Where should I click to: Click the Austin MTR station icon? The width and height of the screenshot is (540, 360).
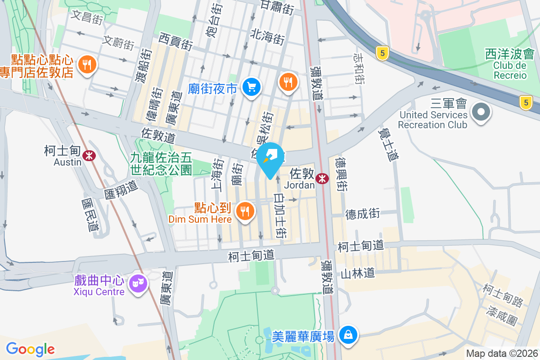click(x=90, y=156)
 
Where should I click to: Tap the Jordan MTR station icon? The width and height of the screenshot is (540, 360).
click(x=322, y=179)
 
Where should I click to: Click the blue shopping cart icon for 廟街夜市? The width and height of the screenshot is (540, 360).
click(x=251, y=86)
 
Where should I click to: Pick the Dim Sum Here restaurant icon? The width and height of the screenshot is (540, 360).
click(x=245, y=210)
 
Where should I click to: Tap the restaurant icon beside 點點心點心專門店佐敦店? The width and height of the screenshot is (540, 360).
click(x=87, y=64)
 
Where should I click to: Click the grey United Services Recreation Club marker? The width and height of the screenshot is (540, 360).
click(x=480, y=111)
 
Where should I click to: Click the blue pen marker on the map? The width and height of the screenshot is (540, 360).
click(x=271, y=159)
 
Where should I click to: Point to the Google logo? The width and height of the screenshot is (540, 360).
click(x=30, y=349)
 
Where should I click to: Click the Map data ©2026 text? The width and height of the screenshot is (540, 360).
click(x=501, y=354)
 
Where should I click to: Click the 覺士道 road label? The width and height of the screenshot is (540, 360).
click(x=389, y=144)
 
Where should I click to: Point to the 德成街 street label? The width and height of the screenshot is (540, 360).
click(x=363, y=214)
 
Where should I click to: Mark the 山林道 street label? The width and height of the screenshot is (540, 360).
click(x=358, y=273)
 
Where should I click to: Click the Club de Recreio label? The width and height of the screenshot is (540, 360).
click(x=510, y=70)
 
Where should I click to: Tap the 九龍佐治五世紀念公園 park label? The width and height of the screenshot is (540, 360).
click(x=161, y=163)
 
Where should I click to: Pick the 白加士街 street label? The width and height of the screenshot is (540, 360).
click(x=281, y=216)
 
